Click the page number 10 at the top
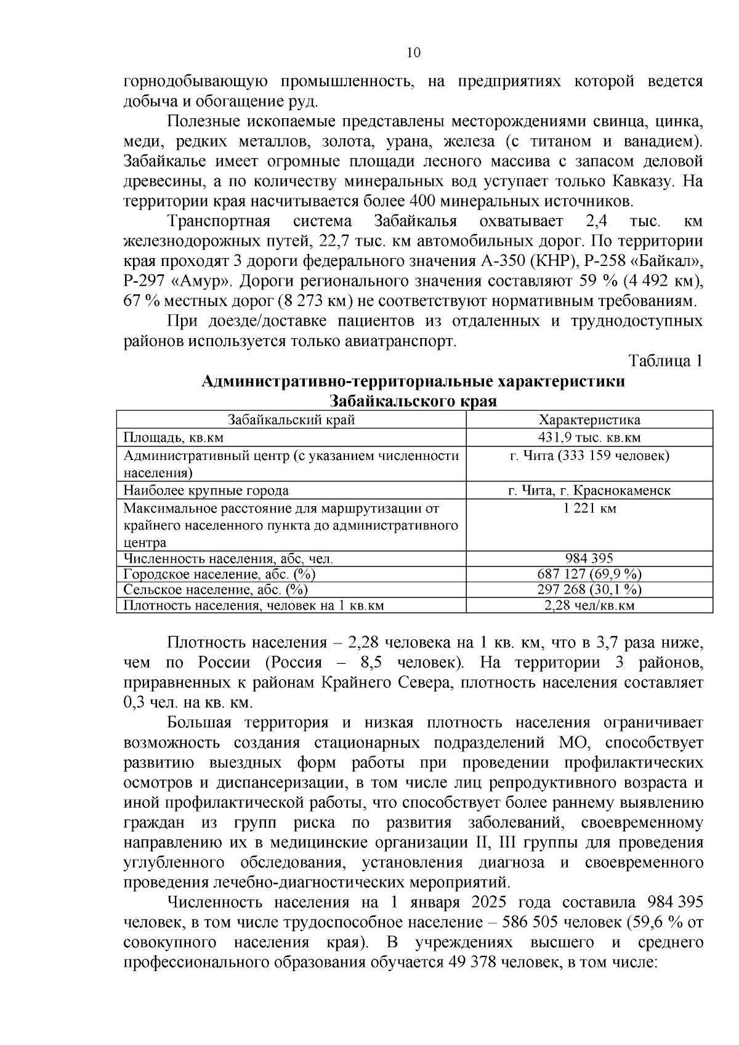(413, 52)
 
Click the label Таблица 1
(665, 361)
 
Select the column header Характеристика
(589, 420)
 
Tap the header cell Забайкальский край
(291, 420)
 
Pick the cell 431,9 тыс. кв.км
(589, 437)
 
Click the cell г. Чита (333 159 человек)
(589, 455)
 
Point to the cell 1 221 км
(589, 508)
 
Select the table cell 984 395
(589, 559)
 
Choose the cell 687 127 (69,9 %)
(589, 574)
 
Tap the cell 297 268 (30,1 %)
(589, 589)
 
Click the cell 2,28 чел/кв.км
(589, 605)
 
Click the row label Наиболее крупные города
(206, 491)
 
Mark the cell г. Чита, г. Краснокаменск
(589, 491)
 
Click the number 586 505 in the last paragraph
(531, 922)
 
